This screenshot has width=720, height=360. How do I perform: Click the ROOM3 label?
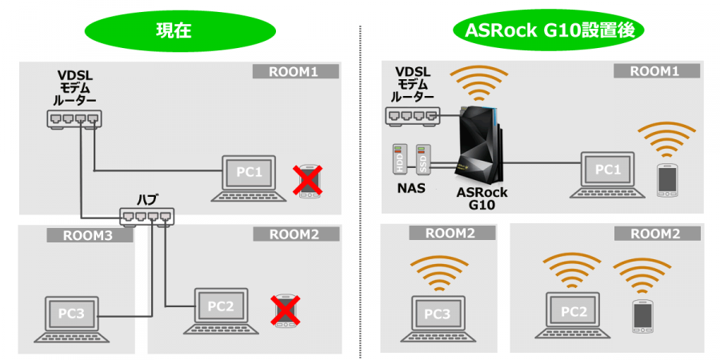[77, 236]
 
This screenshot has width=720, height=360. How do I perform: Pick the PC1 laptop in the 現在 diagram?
[248, 176]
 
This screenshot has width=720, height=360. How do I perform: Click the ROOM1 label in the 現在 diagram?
[296, 72]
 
